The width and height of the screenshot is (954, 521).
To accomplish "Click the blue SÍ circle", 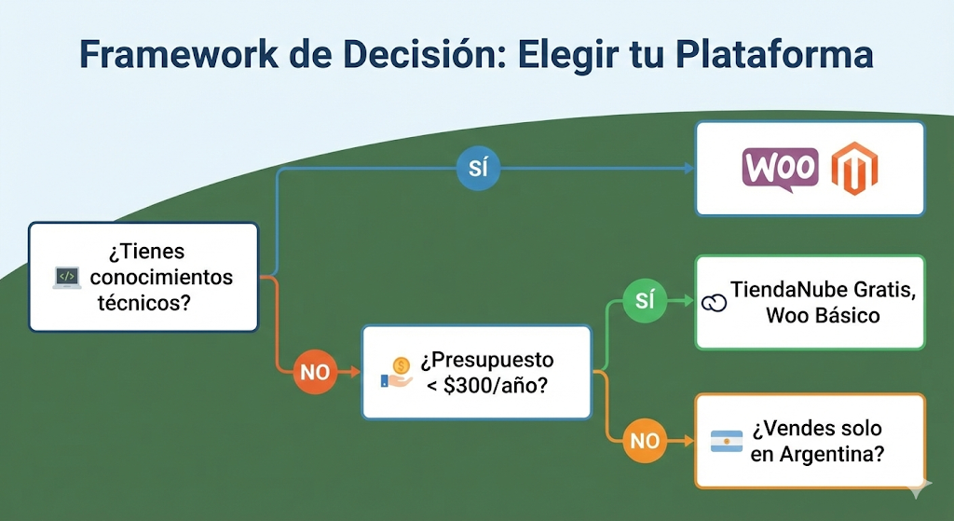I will point(478,169).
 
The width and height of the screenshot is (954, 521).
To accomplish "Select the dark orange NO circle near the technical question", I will point(316,372).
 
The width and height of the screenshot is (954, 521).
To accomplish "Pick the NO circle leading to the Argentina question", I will point(644,440).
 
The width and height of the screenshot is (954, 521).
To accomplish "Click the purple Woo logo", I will point(781,169).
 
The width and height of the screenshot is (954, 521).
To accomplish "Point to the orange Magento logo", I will point(855,169).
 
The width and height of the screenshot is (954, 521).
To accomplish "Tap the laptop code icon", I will point(66,277).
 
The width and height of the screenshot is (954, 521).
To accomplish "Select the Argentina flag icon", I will point(727,442).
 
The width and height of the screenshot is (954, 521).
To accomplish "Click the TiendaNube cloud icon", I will point(714,302).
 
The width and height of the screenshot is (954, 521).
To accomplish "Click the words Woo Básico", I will point(823,315).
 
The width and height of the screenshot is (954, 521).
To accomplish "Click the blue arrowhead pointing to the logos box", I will point(689,169).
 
